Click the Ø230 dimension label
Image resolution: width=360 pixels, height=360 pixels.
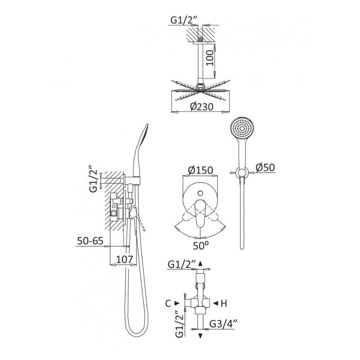pos(202,107)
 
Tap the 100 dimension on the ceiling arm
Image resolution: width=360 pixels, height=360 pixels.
pos(210,58)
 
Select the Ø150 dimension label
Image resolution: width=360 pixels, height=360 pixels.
pos(200,170)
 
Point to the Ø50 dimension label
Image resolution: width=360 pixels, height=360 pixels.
pos(265,168)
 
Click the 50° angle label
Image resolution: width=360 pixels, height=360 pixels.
pos(201,246)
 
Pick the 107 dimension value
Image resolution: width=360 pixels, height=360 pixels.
pos(124,259)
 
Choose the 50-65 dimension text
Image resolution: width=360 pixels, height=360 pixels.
pos(90,241)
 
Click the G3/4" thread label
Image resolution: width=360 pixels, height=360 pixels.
pos(223,324)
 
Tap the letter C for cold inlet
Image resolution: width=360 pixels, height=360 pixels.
pos(168,304)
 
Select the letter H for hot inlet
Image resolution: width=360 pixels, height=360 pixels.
pos(223,304)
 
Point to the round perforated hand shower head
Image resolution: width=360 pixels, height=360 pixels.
pos(242,129)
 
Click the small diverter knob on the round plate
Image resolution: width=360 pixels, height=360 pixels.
pos(200,193)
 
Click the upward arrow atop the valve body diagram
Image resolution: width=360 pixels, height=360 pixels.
pos(200,264)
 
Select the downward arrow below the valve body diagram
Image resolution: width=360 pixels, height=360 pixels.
pos(200,336)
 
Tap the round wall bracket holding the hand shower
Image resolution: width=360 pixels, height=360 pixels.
pos(242,172)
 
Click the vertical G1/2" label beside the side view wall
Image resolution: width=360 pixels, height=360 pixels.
pos(93,181)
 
